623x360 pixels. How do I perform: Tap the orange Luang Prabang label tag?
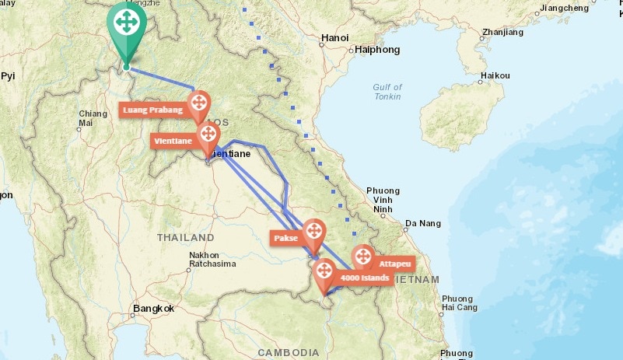pyautogui.click(x=152, y=110)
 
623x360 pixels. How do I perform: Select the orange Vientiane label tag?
pyautogui.click(x=173, y=141)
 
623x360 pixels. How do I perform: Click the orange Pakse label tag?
pyautogui.click(x=285, y=238)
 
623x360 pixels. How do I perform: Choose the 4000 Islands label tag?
pyautogui.click(x=364, y=278)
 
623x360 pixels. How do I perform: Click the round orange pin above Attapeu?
pyautogui.click(x=363, y=256)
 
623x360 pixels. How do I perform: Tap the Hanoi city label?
pyautogui.click(x=334, y=37)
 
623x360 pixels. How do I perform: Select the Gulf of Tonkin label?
pyautogui.click(x=387, y=92)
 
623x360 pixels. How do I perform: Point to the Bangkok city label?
pyautogui.click(x=153, y=309)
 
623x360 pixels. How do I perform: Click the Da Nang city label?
pyautogui.click(x=422, y=223)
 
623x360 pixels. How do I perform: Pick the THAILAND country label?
pyautogui.click(x=185, y=237)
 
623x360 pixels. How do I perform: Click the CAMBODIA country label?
pyautogui.click(x=289, y=352)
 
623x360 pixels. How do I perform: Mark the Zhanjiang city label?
pyautogui.click(x=502, y=33)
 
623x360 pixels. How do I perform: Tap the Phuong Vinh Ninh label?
pyautogui.click(x=382, y=199)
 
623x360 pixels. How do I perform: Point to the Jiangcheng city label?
pyautogui.click(x=565, y=8)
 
